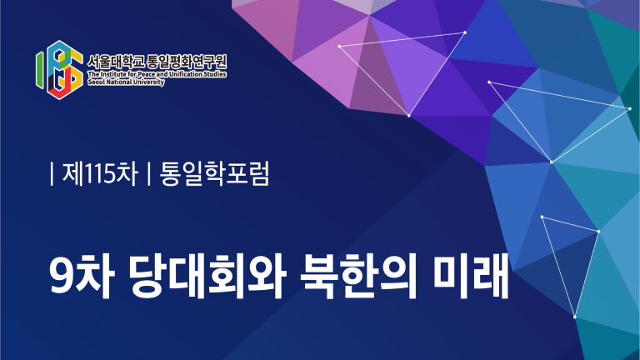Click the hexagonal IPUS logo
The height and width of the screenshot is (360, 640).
coord(60,70)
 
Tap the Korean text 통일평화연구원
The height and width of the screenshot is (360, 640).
coord(187,62)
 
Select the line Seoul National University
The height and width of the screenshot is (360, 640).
coord(126,82)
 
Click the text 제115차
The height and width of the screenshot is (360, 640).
coord(100,173)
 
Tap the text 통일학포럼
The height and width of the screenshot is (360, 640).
coord(215,173)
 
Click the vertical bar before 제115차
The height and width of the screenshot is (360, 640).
coord(52,173)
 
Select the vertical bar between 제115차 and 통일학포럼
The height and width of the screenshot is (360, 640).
coord(149,173)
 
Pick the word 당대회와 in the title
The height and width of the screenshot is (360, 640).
coord(207,276)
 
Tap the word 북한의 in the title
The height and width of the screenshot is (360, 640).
coord(358,276)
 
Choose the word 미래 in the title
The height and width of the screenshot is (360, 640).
coord(471,276)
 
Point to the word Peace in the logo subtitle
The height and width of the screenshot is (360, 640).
coord(146,74)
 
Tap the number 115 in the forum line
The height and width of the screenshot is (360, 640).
coord(98,174)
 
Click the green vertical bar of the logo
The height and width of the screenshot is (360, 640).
coord(39,70)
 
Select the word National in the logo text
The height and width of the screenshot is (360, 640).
coord(119,82)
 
